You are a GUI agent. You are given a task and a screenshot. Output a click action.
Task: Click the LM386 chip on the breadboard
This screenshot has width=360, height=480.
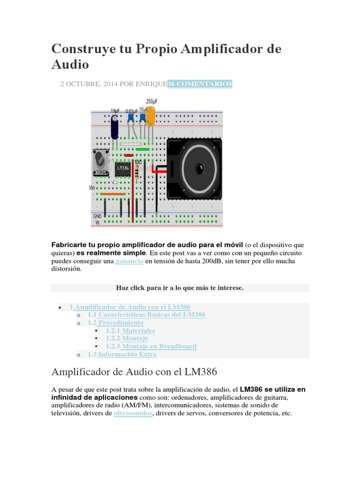(122, 169)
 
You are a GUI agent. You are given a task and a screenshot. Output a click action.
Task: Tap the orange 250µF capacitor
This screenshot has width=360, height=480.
(151, 117)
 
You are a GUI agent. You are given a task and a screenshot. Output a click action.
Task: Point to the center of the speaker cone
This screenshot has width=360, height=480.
(199, 168)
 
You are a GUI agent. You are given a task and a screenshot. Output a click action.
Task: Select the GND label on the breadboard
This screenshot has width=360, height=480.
(97, 216)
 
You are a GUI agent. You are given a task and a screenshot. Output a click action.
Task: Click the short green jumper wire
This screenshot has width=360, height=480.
(142, 150)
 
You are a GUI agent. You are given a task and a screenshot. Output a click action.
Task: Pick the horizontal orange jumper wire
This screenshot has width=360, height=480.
(113, 193)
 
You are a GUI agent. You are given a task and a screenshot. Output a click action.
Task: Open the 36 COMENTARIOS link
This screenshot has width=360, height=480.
(200, 84)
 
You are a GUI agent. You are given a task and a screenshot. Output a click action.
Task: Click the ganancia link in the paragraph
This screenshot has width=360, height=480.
(129, 261)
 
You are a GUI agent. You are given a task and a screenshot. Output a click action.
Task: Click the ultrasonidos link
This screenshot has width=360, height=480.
(133, 413)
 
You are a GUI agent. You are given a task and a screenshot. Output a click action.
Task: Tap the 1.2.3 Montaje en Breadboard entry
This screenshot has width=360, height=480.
(151, 346)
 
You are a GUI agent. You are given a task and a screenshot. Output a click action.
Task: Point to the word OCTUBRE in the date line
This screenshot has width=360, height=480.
(81, 84)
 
